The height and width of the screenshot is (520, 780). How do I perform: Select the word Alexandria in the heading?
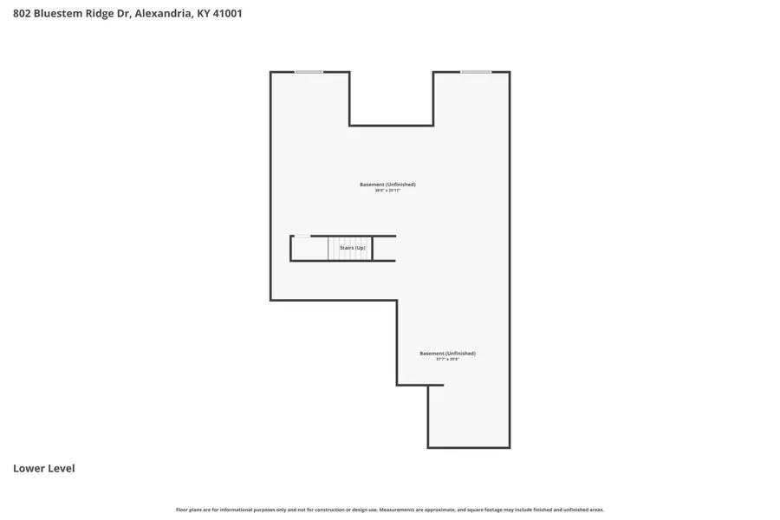click(x=163, y=14)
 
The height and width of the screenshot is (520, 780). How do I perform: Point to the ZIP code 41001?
click(x=227, y=14)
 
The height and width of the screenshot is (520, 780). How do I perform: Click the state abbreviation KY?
click(x=203, y=14)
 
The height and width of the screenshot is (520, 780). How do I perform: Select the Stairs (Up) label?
click(x=352, y=248)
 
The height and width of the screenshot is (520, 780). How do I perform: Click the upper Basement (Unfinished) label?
click(x=387, y=184)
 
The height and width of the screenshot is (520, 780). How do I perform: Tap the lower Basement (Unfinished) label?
click(x=447, y=353)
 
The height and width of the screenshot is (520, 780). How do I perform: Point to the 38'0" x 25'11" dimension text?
click(x=387, y=190)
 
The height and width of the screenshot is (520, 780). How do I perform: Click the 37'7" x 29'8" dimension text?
click(x=447, y=359)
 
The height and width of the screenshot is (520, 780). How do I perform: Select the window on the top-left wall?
click(x=309, y=72)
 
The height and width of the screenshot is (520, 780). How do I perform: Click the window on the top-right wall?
click(x=475, y=72)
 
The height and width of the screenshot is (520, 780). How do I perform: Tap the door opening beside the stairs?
click(x=302, y=236)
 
